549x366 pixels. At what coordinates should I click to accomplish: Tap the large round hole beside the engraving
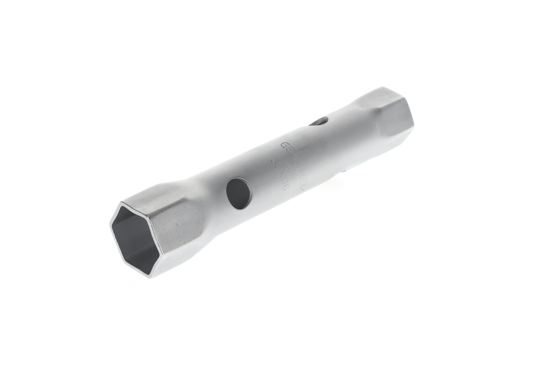(239, 193)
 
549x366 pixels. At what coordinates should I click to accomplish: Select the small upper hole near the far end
(320, 122)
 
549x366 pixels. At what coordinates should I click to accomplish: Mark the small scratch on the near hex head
(176, 223)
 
